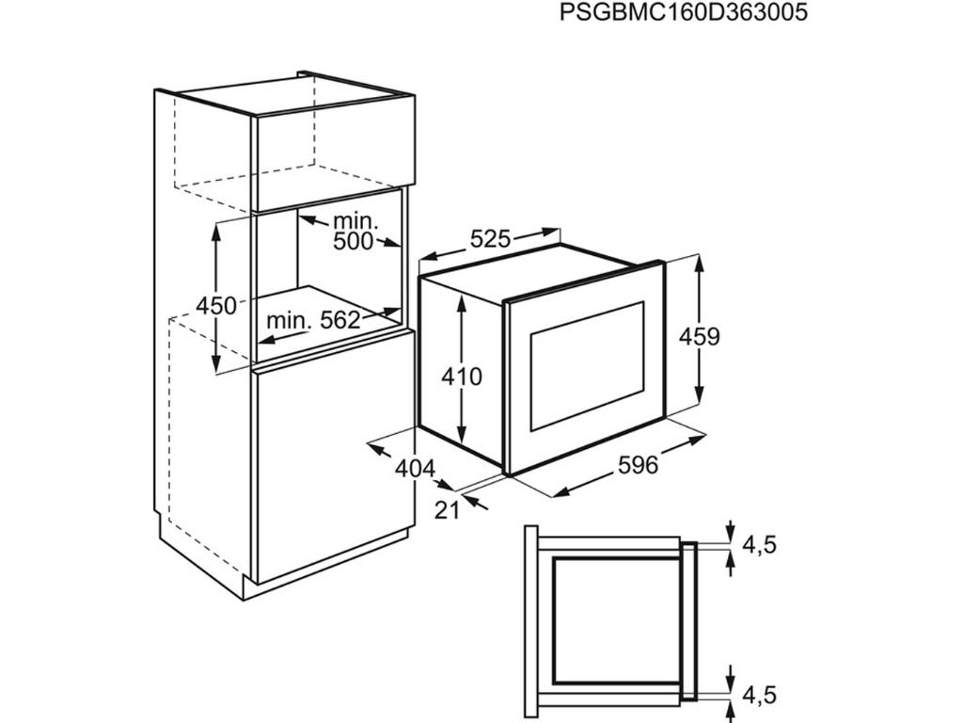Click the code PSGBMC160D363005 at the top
pos(684,12)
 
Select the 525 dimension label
pos(490,238)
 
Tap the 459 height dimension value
pos(699,337)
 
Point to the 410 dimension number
pos(462,377)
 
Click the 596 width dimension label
pos(638,465)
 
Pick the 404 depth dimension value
pos(415,469)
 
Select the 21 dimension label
pos(447,509)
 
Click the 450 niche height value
pos(216,306)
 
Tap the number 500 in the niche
pos(354,242)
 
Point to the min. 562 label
pos(312,320)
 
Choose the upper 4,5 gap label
pos(760,545)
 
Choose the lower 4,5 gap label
pos(760,696)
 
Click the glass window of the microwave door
pos(587,366)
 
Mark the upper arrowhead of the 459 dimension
pos(699,265)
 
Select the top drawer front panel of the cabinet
pos(333,155)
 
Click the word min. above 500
pos(354,220)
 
